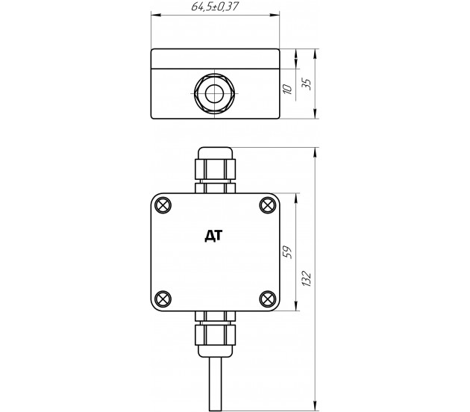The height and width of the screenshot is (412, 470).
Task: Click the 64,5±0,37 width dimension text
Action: pyautogui.click(x=215, y=6)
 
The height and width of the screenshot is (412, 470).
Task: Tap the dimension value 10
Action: pyautogui.click(x=287, y=90)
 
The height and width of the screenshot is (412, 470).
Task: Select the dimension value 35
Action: pyautogui.click(x=307, y=84)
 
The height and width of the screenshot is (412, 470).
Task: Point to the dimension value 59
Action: pyautogui.click(x=287, y=252)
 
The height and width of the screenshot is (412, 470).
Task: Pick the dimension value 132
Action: pyautogui.click(x=307, y=279)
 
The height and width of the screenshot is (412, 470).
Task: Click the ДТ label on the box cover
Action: pyautogui.click(x=213, y=236)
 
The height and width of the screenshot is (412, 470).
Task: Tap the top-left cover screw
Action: pyautogui.click(x=163, y=205)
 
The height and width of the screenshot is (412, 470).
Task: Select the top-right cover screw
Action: pyautogui.click(x=268, y=205)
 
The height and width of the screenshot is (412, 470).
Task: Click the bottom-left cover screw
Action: pyautogui.click(x=163, y=299)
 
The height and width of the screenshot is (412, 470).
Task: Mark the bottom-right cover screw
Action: pyautogui.click(x=268, y=299)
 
